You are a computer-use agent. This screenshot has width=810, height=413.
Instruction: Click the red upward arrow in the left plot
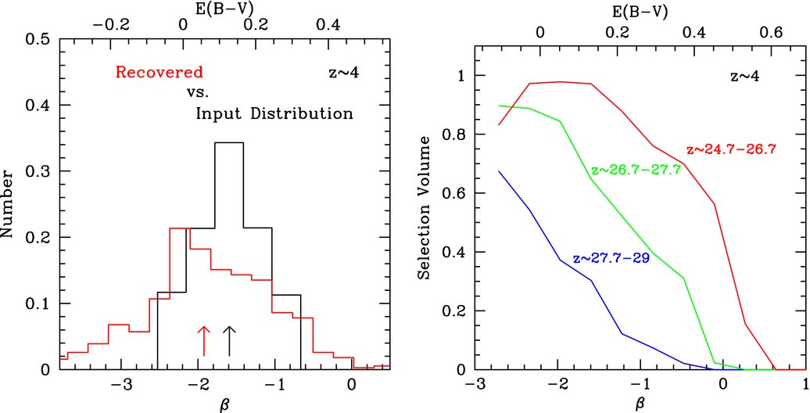point(204,340)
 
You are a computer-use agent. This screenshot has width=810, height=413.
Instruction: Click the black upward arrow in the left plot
point(229,340)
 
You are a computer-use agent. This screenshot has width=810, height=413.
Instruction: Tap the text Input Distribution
point(274,113)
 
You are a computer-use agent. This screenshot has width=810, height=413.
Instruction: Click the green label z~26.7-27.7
point(635,170)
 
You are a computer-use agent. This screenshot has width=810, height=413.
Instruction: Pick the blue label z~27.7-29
point(611,258)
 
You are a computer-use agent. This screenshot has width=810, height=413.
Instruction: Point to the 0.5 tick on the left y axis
point(39,39)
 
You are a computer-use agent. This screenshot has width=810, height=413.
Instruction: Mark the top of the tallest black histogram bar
point(229,142)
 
